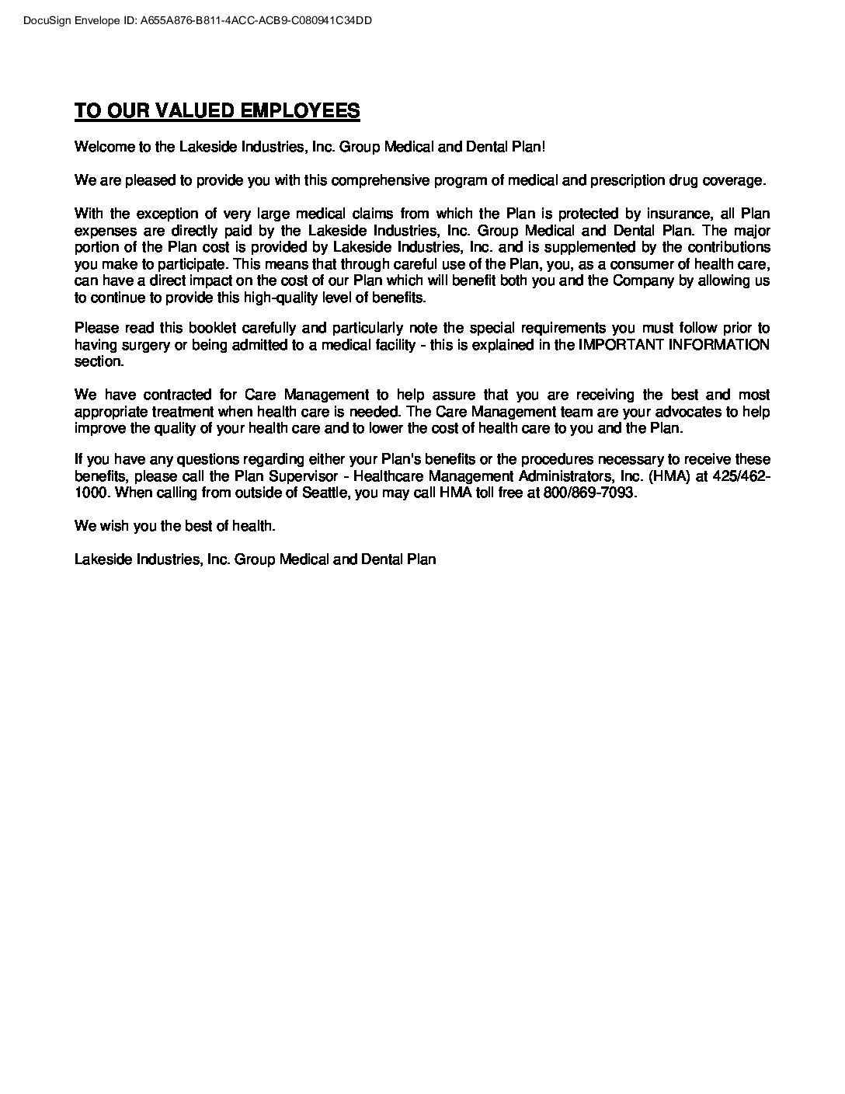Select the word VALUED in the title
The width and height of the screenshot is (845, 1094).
[x=193, y=110]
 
